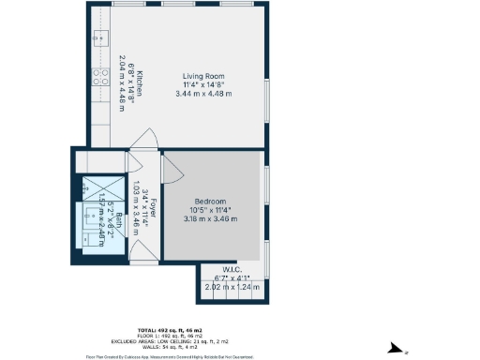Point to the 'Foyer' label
pyautogui.click(x=153, y=208)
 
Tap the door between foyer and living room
pyautogui.click(x=143, y=141)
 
